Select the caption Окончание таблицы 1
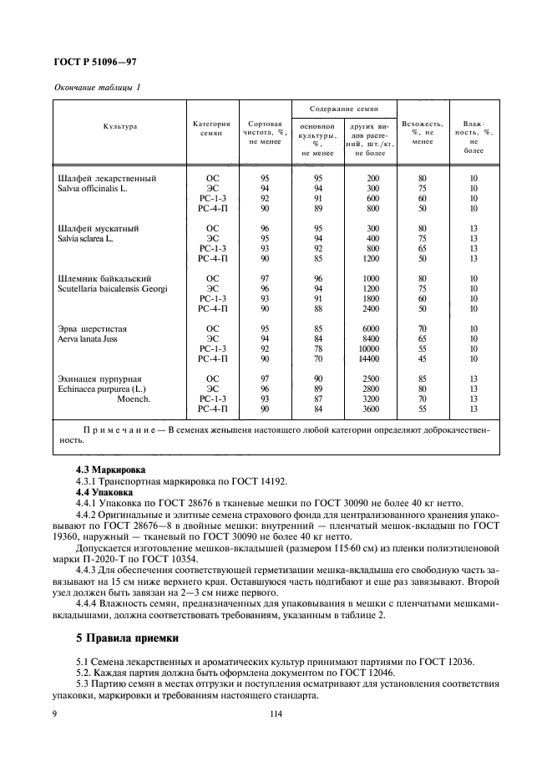[97, 87]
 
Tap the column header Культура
[120, 127]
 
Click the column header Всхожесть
[422, 124]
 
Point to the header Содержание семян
[343, 109]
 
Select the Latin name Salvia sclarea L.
[97, 238]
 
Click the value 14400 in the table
[367, 358]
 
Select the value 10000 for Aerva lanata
[367, 348]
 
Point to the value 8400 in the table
[369, 338]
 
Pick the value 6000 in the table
[369, 328]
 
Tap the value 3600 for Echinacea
[369, 409]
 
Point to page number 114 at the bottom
[276, 713]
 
